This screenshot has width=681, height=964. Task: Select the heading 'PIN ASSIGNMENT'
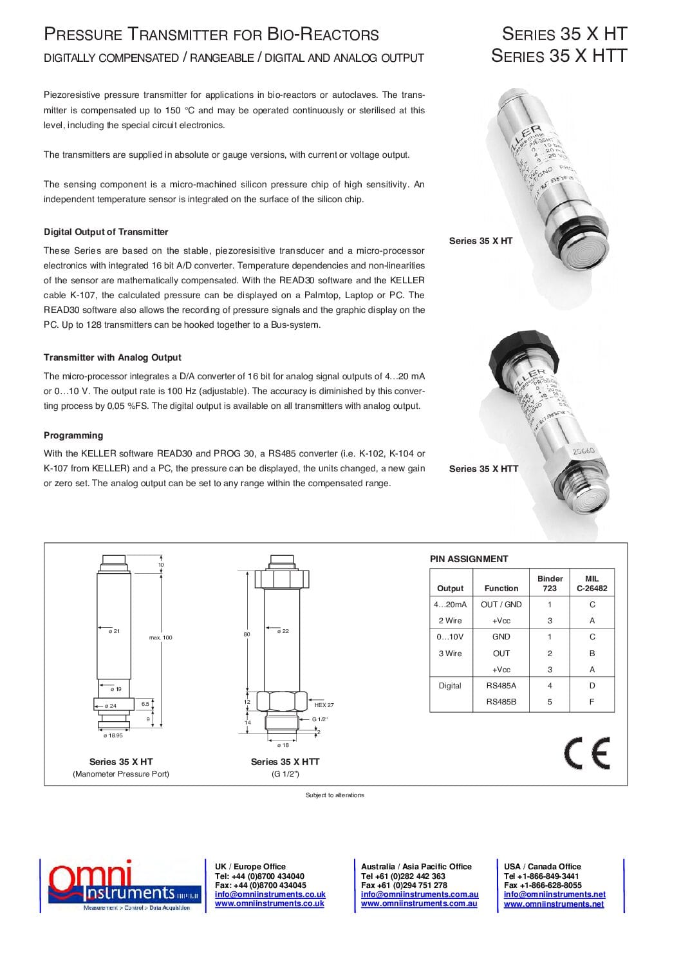tap(469, 559)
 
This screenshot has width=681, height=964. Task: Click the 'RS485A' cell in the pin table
tap(501, 685)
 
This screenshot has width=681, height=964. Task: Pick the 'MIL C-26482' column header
tap(592, 583)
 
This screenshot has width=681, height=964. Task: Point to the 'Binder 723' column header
tap(550, 583)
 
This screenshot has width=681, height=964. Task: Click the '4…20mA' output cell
tap(451, 605)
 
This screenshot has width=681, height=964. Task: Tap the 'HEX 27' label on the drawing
tap(324, 705)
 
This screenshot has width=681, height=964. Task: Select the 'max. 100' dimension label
tap(161, 638)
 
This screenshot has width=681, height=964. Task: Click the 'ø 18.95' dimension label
tap(113, 735)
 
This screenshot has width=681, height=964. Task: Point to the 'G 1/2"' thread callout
tap(320, 719)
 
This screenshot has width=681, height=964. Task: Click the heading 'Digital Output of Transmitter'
tap(106, 232)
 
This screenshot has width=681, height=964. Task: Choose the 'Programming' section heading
tap(73, 435)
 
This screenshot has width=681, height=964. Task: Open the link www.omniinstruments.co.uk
tap(269, 903)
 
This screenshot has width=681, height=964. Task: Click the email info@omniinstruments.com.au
tap(420, 894)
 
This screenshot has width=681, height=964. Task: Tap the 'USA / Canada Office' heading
tap(542, 867)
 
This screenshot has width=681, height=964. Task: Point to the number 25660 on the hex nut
tap(583, 451)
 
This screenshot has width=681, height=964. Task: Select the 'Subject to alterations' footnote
tap(335, 795)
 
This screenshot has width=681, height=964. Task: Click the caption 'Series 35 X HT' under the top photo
tap(481, 241)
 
